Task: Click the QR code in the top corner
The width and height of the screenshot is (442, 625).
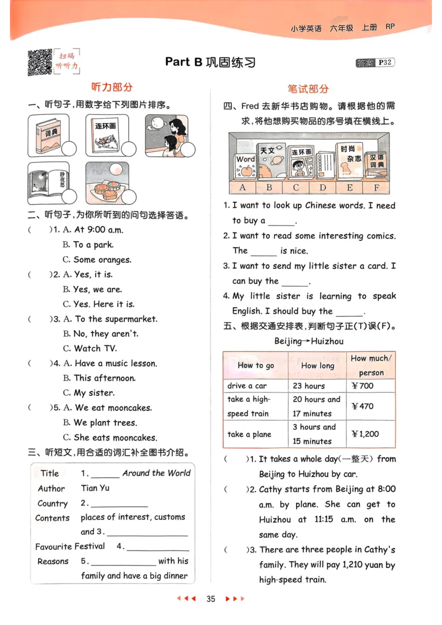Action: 40,62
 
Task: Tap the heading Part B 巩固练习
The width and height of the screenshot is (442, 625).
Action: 210,62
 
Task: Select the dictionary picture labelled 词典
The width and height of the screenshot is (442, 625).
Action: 49,135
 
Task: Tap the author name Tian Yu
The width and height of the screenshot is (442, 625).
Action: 95,488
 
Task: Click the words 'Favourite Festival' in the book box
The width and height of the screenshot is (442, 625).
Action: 70,547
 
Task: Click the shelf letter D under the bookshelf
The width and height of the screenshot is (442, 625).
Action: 323,188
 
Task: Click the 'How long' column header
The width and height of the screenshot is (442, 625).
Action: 317,366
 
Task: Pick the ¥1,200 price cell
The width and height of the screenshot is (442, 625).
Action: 365,434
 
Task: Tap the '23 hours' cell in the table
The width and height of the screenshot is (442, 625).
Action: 309,386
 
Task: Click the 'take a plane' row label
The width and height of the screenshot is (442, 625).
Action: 249,434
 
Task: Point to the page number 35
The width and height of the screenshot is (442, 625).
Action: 210,599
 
